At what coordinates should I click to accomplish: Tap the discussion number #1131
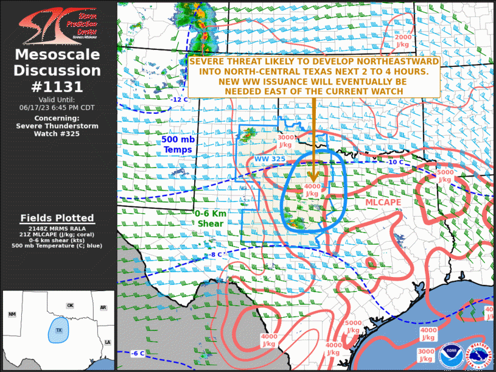[x=58, y=86]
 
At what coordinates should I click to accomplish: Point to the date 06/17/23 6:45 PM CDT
[x=58, y=107]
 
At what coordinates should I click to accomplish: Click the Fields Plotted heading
[x=57, y=218]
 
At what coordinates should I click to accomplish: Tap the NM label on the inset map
[x=12, y=314]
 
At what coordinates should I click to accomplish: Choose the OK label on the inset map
[x=70, y=306]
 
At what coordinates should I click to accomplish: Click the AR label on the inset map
[x=103, y=307]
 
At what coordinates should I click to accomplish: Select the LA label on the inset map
[x=107, y=343]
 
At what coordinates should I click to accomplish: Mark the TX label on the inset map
[x=59, y=330]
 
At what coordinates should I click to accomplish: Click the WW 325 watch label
[x=269, y=159]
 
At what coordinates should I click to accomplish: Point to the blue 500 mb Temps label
[x=178, y=144]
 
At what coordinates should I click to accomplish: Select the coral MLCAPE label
[x=382, y=202]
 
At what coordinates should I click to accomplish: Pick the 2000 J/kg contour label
[x=403, y=41]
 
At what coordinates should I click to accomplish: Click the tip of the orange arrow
[x=313, y=181]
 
